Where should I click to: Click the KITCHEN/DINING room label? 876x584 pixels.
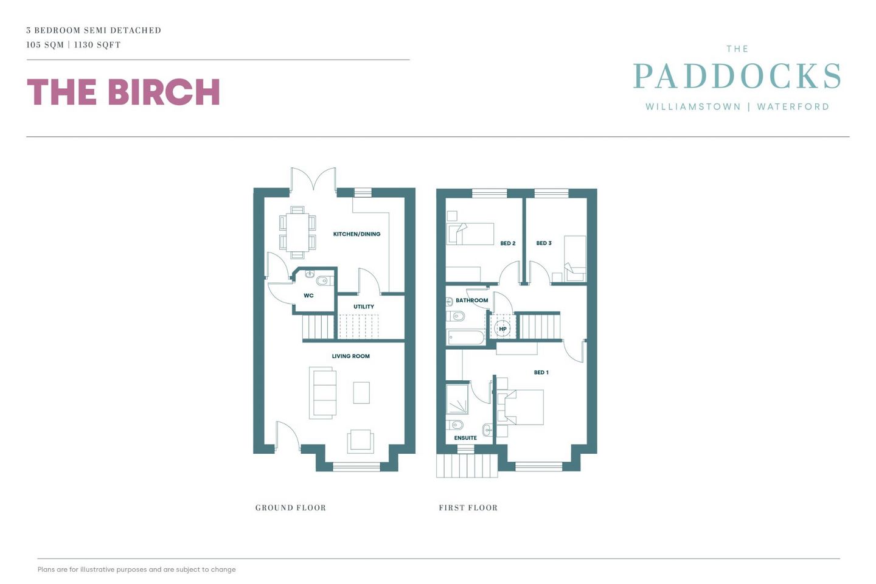pyautogui.click(x=356, y=234)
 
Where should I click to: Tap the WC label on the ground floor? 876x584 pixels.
pyautogui.click(x=308, y=296)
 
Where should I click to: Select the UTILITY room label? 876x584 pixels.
pyautogui.click(x=364, y=307)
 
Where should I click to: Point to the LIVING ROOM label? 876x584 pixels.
pyautogui.click(x=350, y=356)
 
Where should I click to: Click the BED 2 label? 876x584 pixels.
pyautogui.click(x=507, y=243)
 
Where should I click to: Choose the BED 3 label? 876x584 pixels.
pyautogui.click(x=544, y=243)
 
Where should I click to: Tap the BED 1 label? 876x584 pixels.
pyautogui.click(x=541, y=372)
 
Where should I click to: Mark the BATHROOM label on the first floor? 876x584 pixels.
pyautogui.click(x=471, y=301)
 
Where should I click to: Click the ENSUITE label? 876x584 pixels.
pyautogui.click(x=465, y=438)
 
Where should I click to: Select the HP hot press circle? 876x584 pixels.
pyautogui.click(x=502, y=329)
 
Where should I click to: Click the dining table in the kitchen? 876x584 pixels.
pyautogui.click(x=297, y=232)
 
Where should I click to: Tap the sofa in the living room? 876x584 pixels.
pyautogui.click(x=323, y=392)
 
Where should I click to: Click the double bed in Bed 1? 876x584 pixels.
pyautogui.click(x=523, y=407)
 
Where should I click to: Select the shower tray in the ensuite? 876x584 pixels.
pyautogui.click(x=457, y=398)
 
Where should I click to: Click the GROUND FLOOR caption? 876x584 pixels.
pyautogui.click(x=290, y=508)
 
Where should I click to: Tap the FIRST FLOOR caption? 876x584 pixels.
pyautogui.click(x=468, y=508)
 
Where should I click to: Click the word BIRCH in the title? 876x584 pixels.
pyautogui.click(x=164, y=92)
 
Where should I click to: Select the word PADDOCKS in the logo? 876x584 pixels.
pyautogui.click(x=737, y=77)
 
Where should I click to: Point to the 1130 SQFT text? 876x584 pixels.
pyautogui.click(x=97, y=45)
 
